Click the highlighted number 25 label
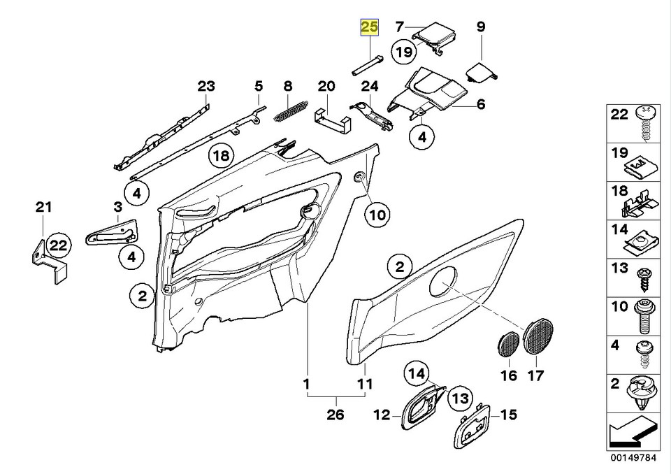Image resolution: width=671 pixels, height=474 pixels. (x=368, y=28)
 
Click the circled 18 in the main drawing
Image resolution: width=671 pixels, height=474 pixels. (x=222, y=156)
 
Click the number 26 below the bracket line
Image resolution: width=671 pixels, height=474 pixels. (x=335, y=415)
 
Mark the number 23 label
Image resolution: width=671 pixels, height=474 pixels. (x=206, y=87)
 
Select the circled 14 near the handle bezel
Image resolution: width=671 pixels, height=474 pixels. (x=417, y=373)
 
